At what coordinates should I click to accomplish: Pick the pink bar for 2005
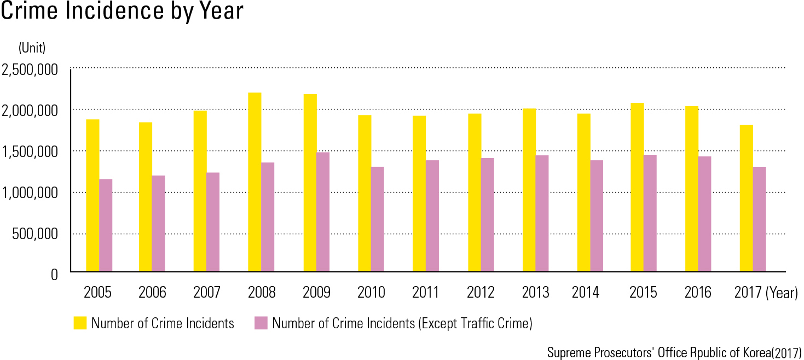[x=106, y=225]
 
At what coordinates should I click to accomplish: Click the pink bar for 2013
[x=542, y=213]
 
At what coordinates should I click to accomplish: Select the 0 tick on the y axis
[x=54, y=275]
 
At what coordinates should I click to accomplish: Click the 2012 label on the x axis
[x=481, y=293]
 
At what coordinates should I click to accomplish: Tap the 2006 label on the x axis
[x=152, y=293]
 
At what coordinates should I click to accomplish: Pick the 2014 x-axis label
[x=586, y=293]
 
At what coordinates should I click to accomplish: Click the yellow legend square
[x=80, y=323]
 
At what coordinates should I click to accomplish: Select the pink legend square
[x=261, y=323]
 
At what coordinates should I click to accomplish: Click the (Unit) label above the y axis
[x=32, y=48]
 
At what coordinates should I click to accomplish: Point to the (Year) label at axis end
[x=782, y=293]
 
